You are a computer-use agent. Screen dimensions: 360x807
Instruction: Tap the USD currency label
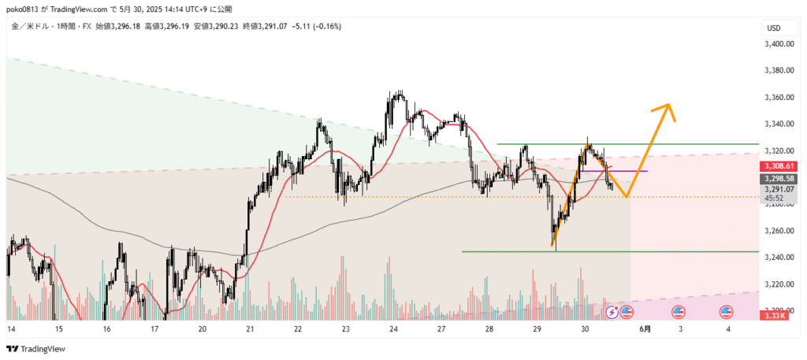point(774,28)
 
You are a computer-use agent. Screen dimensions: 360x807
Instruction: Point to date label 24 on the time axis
point(392,328)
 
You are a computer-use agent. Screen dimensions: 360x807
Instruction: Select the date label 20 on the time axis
point(203,328)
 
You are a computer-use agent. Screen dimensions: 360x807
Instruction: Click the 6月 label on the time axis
point(645,328)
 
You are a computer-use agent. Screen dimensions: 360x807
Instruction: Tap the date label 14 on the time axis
point(11,328)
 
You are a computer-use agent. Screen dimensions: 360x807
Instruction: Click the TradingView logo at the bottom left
point(36,349)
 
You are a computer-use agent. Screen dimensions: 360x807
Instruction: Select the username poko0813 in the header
point(23,9)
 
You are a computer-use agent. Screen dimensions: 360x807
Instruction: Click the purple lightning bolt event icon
point(613,313)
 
